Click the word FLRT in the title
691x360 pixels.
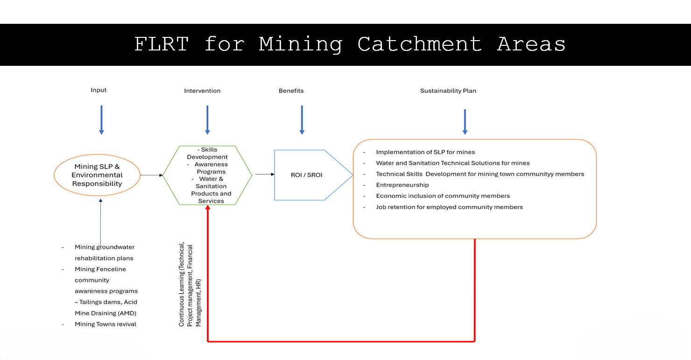click(162, 44)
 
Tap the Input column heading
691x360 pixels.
click(99, 90)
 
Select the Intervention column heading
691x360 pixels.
click(202, 91)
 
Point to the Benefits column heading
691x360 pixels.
click(291, 91)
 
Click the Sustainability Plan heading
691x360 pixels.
click(448, 91)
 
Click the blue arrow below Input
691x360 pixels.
click(101, 120)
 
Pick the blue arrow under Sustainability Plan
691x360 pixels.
click(465, 122)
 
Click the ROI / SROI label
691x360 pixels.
click(307, 175)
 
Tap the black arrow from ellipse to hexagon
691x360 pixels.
click(151, 175)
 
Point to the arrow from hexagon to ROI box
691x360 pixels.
click(265, 174)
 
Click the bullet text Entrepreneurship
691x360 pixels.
click(402, 185)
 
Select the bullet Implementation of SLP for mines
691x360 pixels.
click(425, 152)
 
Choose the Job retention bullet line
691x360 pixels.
click(450, 207)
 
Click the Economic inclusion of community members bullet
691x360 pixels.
click(443, 196)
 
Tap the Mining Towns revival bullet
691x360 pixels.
click(105, 324)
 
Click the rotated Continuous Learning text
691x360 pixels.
click(190, 284)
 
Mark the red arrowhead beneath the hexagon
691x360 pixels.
click(208, 208)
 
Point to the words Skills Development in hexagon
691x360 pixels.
click(208, 153)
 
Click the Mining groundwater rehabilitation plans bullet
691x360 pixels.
click(104, 253)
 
